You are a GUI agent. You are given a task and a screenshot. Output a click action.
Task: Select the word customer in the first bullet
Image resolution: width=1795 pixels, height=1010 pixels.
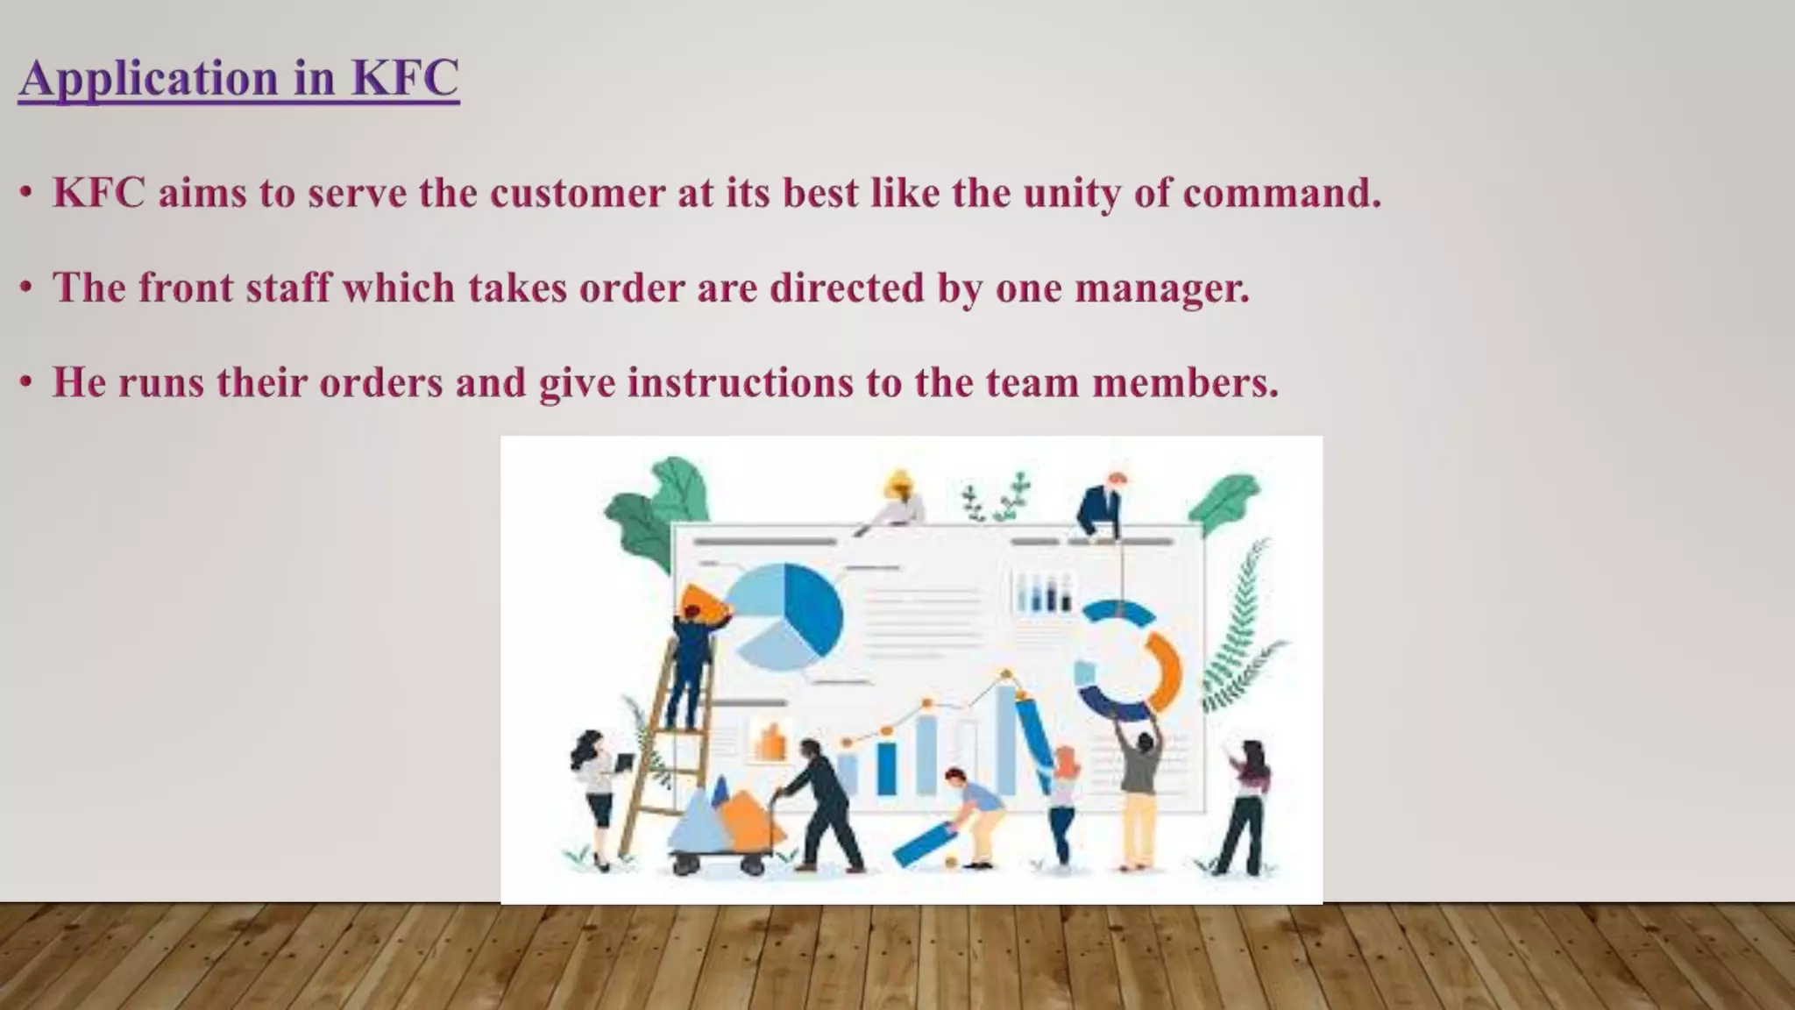click(x=578, y=193)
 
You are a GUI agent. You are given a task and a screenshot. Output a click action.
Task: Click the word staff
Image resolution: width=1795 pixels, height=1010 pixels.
click(x=288, y=288)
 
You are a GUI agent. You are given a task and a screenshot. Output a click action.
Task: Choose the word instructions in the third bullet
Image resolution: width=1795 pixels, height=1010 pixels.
click(x=740, y=382)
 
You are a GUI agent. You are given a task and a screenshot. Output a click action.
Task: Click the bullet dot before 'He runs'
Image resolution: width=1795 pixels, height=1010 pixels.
click(x=27, y=382)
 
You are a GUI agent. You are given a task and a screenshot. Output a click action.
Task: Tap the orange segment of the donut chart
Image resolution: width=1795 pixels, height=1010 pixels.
click(x=1162, y=671)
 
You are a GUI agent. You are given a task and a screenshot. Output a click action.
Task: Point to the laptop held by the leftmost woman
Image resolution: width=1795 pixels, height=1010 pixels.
click(x=624, y=763)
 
